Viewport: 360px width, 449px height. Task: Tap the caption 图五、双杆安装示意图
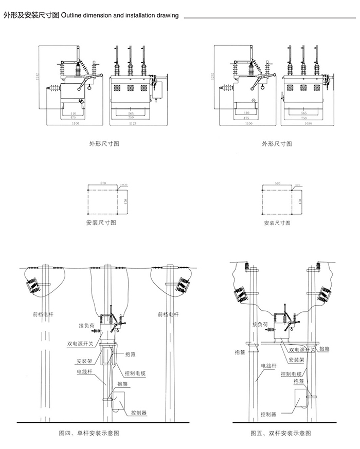click(281, 433)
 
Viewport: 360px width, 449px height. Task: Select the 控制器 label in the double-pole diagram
click(269, 414)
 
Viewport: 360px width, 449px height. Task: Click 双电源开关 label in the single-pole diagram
click(80, 344)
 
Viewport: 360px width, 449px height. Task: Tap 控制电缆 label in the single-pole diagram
click(135, 373)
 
